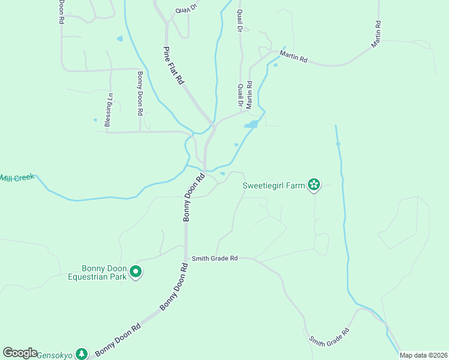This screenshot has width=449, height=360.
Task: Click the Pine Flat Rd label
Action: pyautogui.click(x=173, y=65)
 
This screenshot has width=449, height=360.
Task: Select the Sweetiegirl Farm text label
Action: pyautogui.click(x=273, y=185)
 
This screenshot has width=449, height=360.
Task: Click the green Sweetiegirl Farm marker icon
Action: pyautogui.click(x=313, y=185)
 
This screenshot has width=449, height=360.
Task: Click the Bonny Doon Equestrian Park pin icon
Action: pyautogui.click(x=136, y=272)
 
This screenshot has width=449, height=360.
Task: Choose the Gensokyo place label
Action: pyautogui.click(x=55, y=355)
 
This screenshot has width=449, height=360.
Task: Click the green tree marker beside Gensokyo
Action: pyautogui.click(x=82, y=354)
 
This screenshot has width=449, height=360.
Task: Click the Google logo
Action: pyautogui.click(x=20, y=353)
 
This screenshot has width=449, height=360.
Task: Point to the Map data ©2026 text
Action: pyautogui.click(x=423, y=355)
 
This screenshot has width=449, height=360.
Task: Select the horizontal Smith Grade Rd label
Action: pyautogui.click(x=215, y=259)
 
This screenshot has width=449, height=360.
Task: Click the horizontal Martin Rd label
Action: pyautogui.click(x=293, y=59)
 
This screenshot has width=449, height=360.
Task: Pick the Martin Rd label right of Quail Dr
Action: pyautogui.click(x=249, y=95)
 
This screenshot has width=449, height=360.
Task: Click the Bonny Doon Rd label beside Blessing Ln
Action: pyautogui.click(x=140, y=93)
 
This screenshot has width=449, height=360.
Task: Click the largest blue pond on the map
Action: pyautogui.click(x=252, y=124)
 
